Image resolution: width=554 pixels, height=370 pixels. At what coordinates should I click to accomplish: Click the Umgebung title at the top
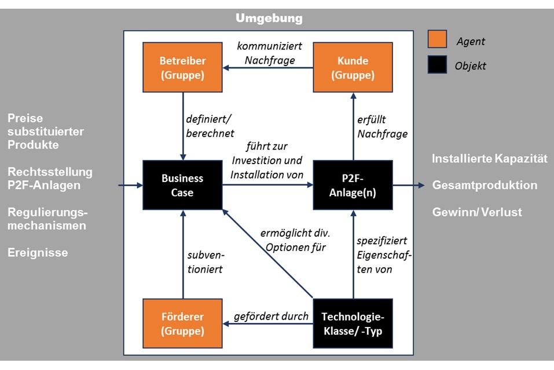[269, 19]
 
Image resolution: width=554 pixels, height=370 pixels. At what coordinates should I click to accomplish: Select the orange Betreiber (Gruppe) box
[182, 68]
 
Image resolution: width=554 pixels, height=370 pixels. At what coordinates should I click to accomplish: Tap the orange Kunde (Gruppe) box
[353, 68]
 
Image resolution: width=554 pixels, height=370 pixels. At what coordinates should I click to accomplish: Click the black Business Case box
[182, 185]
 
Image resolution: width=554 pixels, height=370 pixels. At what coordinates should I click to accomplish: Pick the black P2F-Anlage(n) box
[353, 185]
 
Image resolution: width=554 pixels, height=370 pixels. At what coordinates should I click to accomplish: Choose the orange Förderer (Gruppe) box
[182, 324]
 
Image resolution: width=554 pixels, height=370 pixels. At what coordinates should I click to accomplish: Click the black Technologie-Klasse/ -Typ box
[353, 324]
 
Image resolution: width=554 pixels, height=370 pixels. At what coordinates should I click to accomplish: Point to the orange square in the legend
[437, 39]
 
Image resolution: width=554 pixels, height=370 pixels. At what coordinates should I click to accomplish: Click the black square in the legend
[437, 64]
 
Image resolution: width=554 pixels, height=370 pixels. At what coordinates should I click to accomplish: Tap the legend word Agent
[470, 41]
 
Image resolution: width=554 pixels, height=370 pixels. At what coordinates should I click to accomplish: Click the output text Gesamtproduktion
[485, 185]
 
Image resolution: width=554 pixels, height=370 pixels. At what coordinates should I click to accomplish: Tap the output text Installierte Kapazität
[490, 158]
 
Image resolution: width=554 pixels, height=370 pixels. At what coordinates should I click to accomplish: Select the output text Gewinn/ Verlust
[477, 212]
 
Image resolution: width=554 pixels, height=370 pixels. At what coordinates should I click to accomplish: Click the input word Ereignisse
[38, 252]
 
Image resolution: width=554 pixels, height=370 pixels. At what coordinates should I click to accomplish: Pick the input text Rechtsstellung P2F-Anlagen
[50, 179]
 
